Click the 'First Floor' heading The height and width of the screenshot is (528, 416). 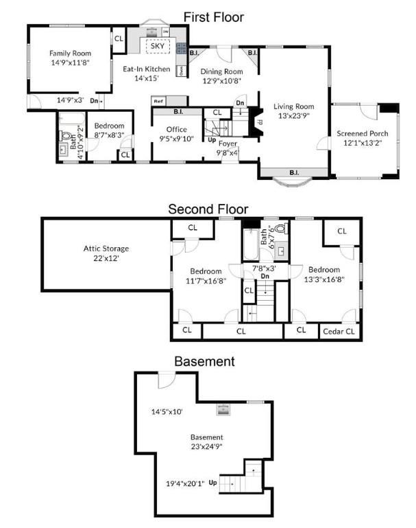[214, 17]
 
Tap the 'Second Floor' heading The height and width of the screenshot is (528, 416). [208, 209]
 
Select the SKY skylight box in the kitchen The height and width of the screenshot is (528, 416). [158, 46]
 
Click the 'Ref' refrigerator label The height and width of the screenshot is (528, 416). [158, 101]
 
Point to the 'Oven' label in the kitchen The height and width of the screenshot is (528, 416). [182, 71]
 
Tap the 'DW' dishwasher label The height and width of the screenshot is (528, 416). [166, 32]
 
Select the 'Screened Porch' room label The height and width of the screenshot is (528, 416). [363, 133]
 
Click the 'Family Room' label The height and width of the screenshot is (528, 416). [70, 53]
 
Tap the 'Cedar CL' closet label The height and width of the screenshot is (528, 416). [339, 332]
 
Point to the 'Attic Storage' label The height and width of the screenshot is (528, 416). [106, 249]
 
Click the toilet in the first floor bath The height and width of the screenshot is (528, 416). [66, 136]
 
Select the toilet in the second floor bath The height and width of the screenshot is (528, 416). [281, 229]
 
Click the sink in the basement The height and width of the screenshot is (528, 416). [223, 410]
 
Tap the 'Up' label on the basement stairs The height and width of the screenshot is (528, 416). [212, 483]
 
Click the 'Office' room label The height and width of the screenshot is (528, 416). [176, 129]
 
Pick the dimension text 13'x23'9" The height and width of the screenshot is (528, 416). [294, 116]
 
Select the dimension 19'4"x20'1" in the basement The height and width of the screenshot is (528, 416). [185, 484]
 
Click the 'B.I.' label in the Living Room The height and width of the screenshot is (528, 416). [294, 172]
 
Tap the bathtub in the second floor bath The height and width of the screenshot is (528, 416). [251, 244]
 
